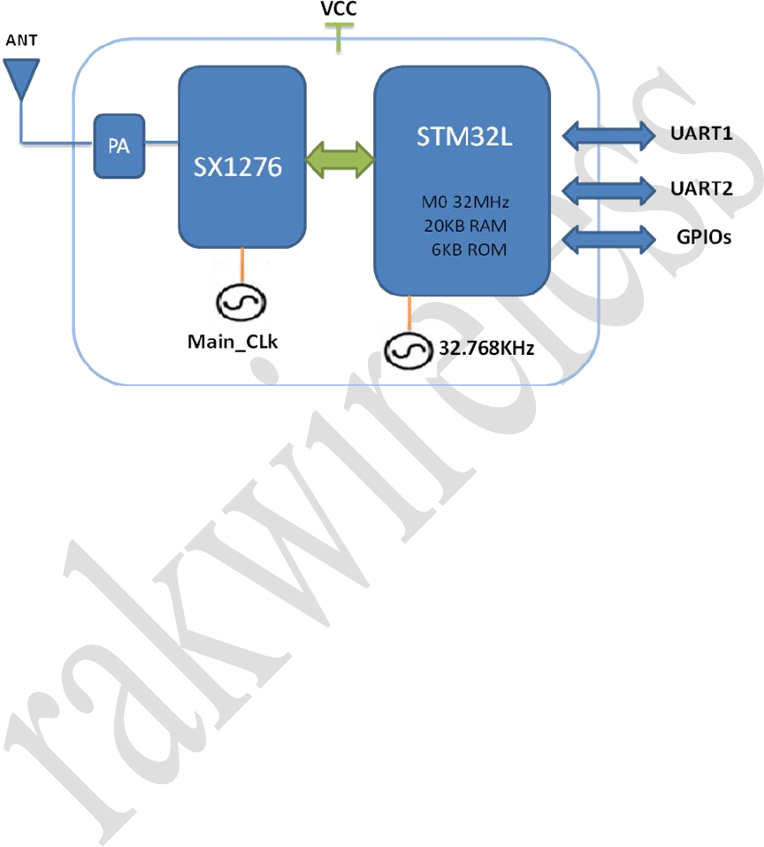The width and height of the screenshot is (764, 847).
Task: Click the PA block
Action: [x=119, y=145]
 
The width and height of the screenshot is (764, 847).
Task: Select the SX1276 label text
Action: [x=238, y=166]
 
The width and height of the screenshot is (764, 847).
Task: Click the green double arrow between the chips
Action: [x=340, y=160]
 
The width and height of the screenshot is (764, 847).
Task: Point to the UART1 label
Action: [x=699, y=136]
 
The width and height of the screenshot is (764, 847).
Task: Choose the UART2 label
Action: [x=699, y=188]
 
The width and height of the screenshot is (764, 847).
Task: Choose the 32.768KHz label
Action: [x=486, y=350]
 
